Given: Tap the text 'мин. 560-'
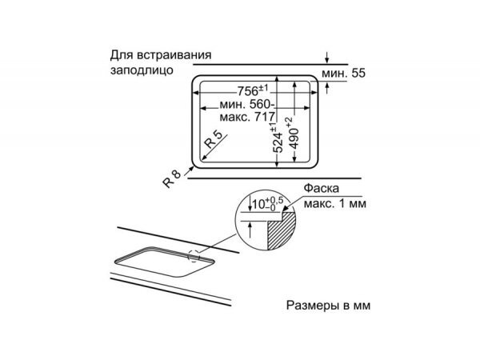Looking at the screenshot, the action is click(238, 104).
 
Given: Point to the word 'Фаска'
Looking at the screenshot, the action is click(320, 190).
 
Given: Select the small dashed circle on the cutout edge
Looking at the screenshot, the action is click(193, 256).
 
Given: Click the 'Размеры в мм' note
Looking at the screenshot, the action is click(328, 306).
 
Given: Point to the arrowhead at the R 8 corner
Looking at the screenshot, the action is click(190, 169).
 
